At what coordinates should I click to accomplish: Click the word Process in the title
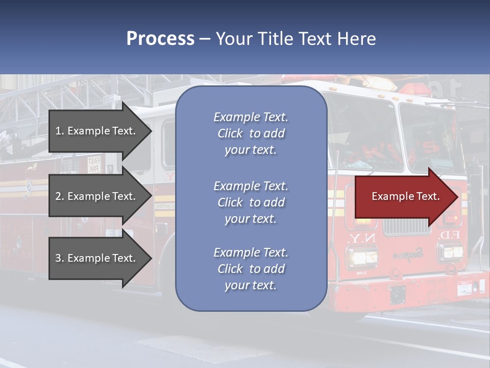(x=160, y=39)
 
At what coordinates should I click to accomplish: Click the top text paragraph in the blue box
(x=251, y=133)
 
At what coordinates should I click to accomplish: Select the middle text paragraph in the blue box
(x=251, y=202)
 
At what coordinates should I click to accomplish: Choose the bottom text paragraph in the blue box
(x=251, y=269)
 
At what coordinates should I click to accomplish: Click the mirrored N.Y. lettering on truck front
(x=361, y=238)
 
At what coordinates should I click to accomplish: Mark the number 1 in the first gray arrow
(x=58, y=131)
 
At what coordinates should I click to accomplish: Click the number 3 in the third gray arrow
(x=58, y=259)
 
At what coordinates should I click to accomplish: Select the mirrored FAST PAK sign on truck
(x=94, y=164)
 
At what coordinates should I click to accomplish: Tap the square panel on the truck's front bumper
(x=398, y=295)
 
